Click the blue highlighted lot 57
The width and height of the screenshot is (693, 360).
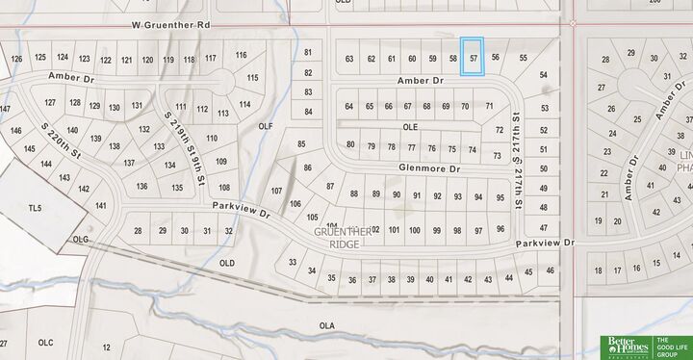tap(473, 57)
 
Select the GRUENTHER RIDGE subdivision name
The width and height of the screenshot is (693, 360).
tap(342, 238)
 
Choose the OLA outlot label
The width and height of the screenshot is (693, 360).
tap(327, 326)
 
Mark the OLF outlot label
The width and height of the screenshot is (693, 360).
tap(267, 126)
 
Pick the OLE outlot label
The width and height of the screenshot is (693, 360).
tap(410, 126)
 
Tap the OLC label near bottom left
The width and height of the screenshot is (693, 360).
tap(45, 343)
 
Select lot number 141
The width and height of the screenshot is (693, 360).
tap(101, 206)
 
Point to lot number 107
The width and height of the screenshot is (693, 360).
tap(277, 191)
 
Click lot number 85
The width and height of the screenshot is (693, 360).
tap(301, 144)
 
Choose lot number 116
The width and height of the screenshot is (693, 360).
tap(241, 55)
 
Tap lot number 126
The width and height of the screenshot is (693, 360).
tap(15, 59)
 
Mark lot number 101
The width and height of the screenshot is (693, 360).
tap(394, 230)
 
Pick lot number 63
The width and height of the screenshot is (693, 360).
tap(349, 59)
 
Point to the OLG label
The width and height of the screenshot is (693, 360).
tap(81, 239)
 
